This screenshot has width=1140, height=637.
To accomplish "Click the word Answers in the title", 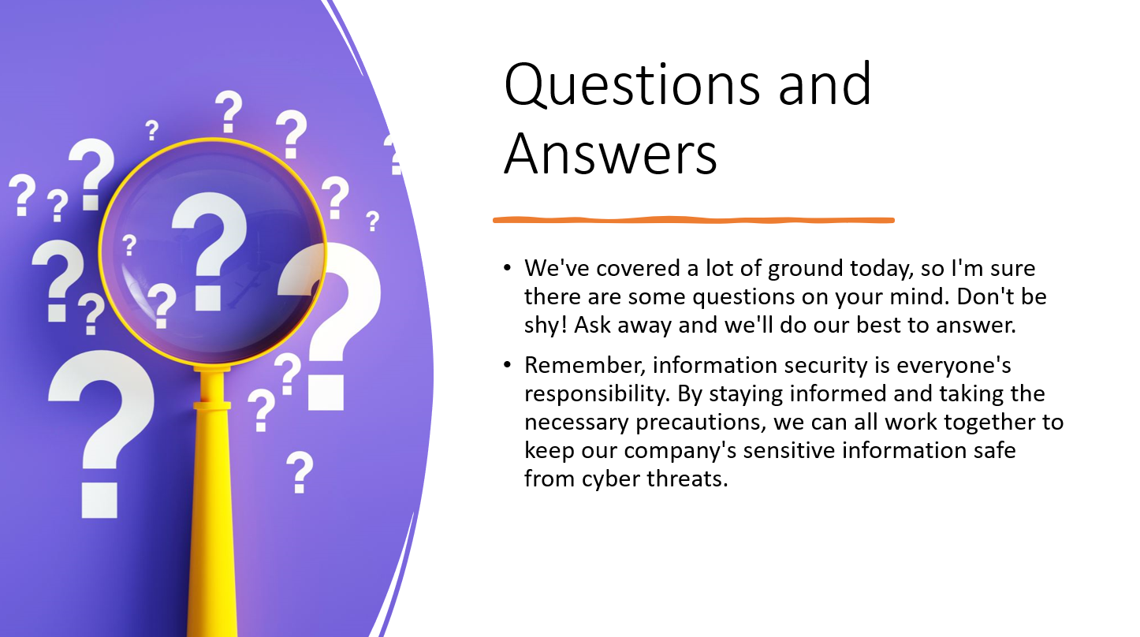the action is pyautogui.click(x=611, y=153).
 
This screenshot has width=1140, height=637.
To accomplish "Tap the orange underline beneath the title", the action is pyautogui.click(x=693, y=220).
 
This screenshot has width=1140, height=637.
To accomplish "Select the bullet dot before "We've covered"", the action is pyautogui.click(x=507, y=267).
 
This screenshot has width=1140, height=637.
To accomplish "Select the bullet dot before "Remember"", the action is pyautogui.click(x=507, y=364).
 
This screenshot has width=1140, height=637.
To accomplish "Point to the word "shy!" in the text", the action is pyautogui.click(x=546, y=326).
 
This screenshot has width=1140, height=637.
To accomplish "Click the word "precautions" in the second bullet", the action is pyautogui.click(x=701, y=423).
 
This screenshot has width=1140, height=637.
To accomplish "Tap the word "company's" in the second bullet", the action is pyautogui.click(x=680, y=451).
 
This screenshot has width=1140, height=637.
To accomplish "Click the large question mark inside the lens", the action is pyautogui.click(x=209, y=251).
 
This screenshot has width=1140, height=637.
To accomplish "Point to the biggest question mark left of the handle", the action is pyautogui.click(x=101, y=434).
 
